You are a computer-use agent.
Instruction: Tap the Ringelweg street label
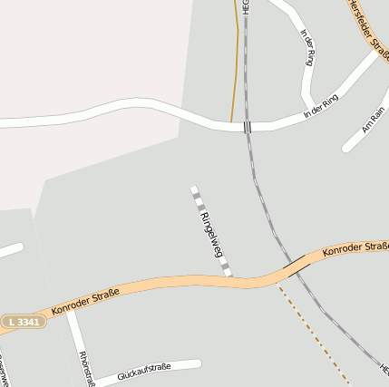point(211,235)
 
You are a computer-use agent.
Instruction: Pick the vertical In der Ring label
point(307,47)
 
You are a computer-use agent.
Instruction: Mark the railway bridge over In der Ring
point(247,127)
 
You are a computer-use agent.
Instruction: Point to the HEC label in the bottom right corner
point(384,371)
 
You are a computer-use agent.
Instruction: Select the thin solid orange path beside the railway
point(238,63)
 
